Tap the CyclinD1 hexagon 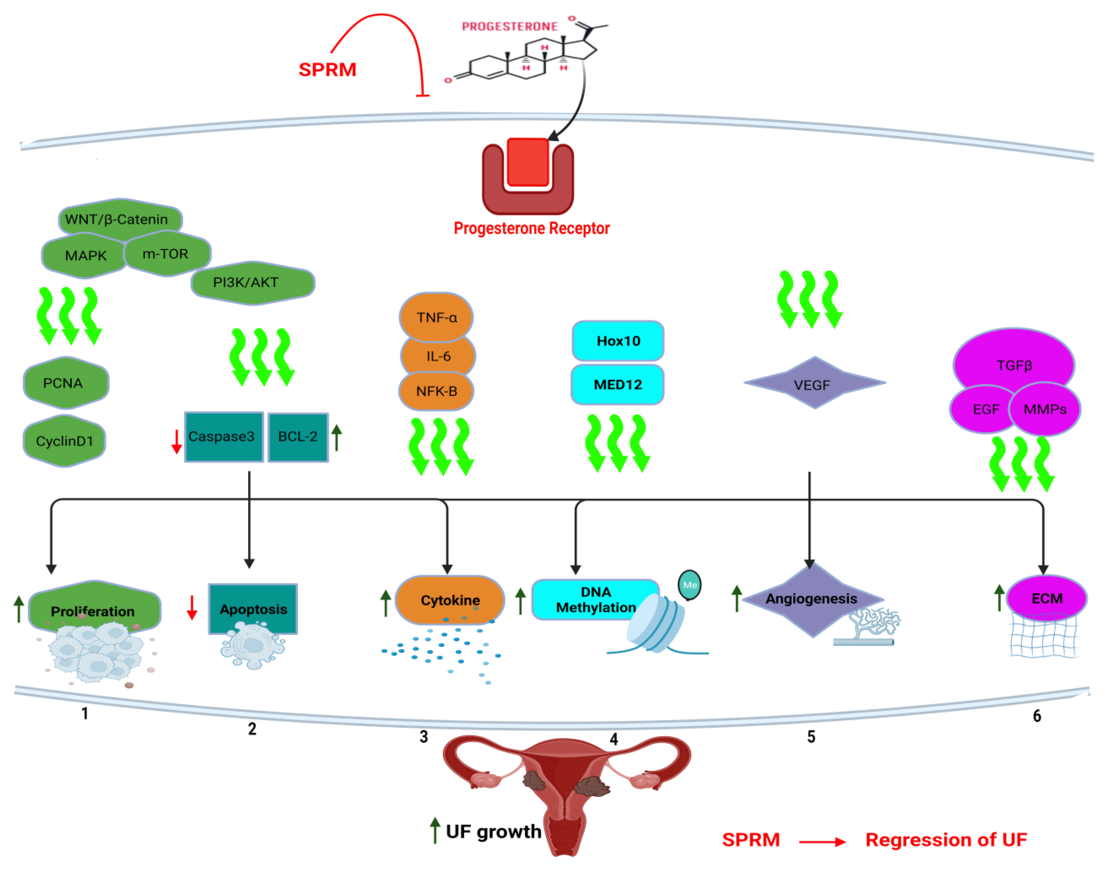[x=64, y=441]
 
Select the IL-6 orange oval [x=438, y=356]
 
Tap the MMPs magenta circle [x=1045, y=409]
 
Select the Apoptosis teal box [x=253, y=609]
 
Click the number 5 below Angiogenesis [x=811, y=737]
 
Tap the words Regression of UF [x=946, y=840]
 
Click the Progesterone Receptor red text [x=531, y=228]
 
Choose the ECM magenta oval [x=1046, y=598]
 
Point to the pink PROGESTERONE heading [x=510, y=26]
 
